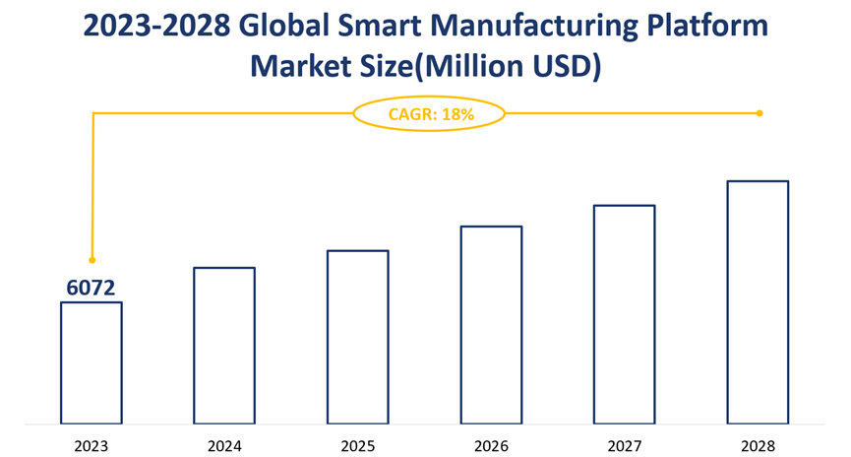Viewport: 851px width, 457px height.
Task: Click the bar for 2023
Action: click(91, 362)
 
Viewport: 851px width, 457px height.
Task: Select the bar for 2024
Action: click(224, 345)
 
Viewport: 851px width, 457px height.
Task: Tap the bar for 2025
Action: click(358, 337)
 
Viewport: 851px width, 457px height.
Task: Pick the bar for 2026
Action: click(491, 325)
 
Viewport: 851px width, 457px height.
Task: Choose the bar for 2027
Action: click(624, 314)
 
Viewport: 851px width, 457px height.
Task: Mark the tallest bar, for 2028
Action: click(758, 302)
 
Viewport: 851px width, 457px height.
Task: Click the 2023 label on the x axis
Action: click(91, 445)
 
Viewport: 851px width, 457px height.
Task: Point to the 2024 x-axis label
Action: click(224, 445)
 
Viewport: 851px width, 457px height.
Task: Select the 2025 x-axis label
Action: click(358, 445)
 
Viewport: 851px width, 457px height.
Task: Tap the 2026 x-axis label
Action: click(491, 445)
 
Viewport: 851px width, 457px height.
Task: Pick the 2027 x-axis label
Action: click(624, 445)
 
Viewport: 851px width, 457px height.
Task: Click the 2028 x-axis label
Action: click(758, 445)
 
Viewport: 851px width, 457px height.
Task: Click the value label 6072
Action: click(91, 288)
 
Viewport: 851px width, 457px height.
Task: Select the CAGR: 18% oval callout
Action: click(430, 114)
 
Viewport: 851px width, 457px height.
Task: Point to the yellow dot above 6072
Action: click(92, 260)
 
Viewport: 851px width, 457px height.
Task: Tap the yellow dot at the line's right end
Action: click(760, 113)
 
